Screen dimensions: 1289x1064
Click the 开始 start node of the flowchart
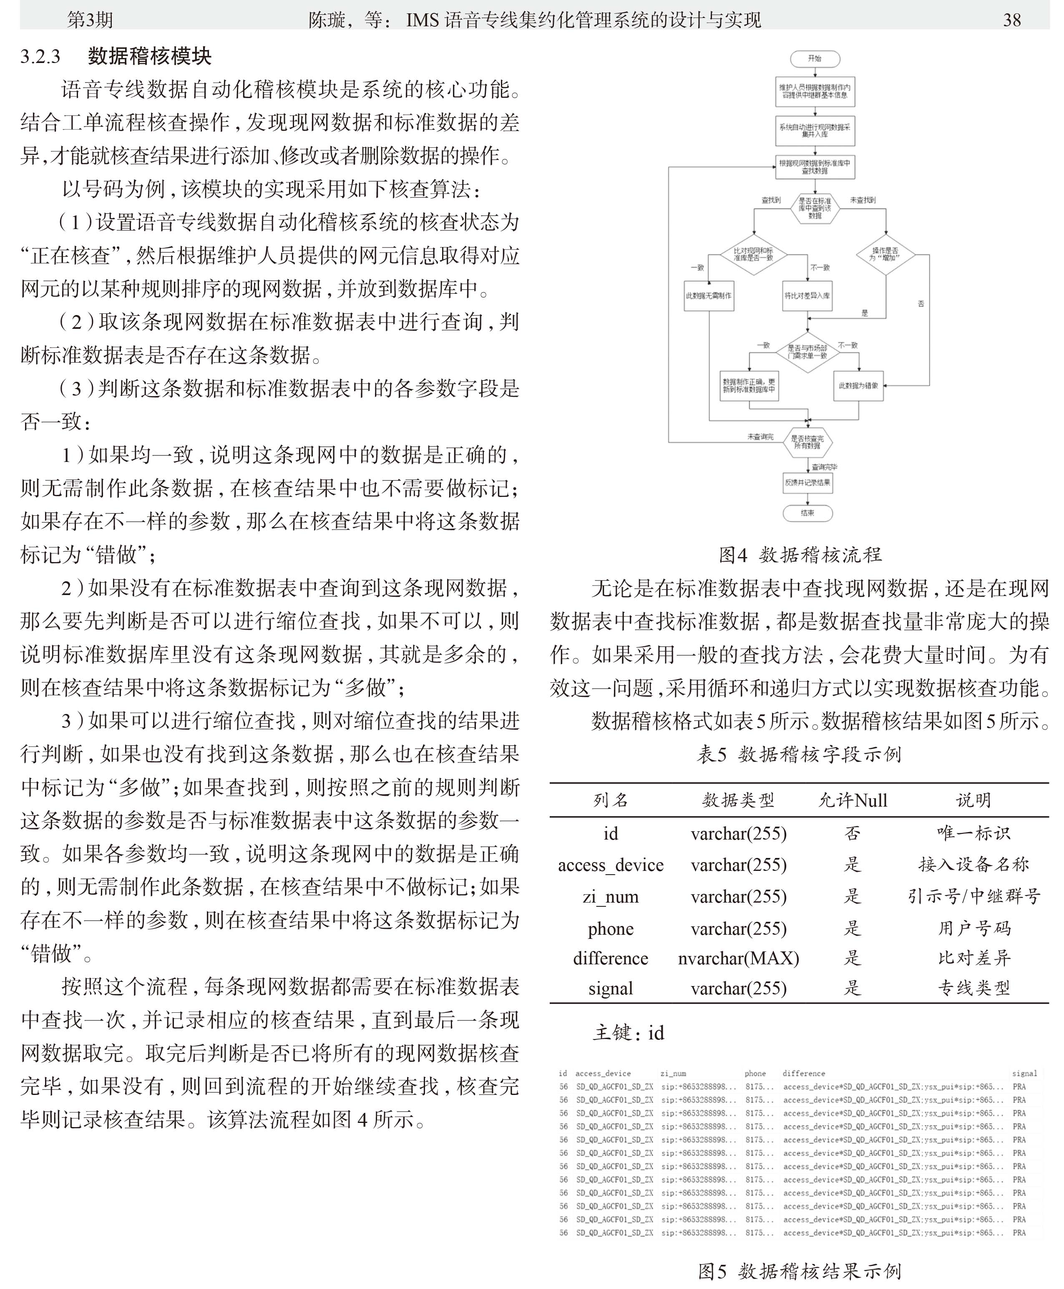coord(815,59)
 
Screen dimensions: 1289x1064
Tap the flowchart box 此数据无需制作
coord(709,295)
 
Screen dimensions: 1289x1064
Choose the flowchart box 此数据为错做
coord(858,386)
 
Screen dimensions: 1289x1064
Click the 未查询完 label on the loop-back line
coord(760,436)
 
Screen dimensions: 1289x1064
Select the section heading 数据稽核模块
coord(150,56)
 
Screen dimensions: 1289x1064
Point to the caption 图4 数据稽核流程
coord(800,555)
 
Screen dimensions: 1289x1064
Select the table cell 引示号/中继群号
coord(973,896)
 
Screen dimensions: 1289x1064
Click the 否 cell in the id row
coord(853,833)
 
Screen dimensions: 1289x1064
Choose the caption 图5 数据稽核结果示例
coord(800,1271)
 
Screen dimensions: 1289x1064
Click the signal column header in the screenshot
coord(1024,1073)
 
